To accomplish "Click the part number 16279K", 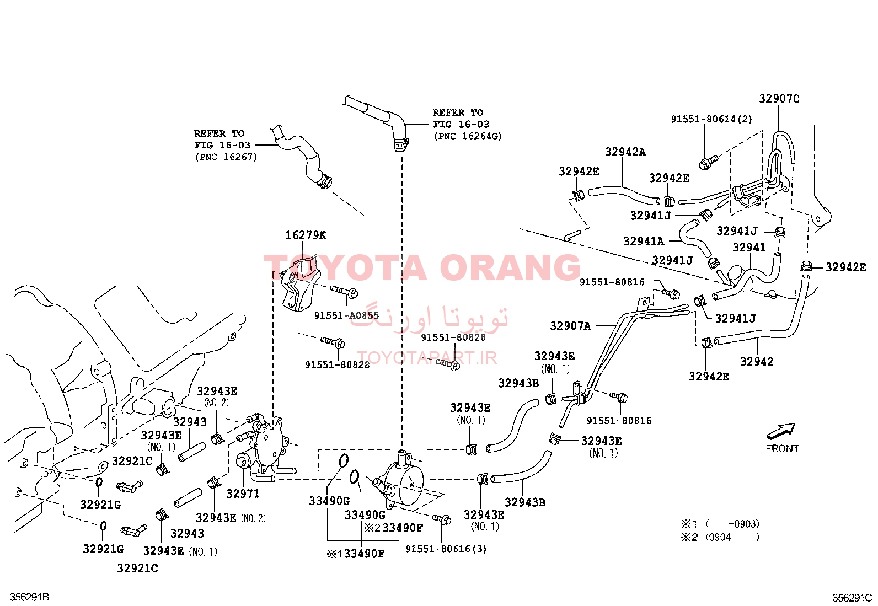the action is coord(306,235).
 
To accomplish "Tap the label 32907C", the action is coord(779,98).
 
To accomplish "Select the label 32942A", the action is coord(625,152).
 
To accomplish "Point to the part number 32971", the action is coord(243,494).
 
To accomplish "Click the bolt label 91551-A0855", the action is coord(346,315).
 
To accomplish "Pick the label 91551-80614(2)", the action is coord(711,119).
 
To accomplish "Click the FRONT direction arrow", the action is coord(780,431).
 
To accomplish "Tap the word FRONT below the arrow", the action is coord(782,448).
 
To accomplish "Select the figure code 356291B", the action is coord(29,597).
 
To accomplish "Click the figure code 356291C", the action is coord(852,598).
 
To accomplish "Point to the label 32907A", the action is coord(570,326).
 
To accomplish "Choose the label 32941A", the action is coord(644,241).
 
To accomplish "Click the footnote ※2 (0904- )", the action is coord(720,537).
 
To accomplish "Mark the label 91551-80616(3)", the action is coord(446,549).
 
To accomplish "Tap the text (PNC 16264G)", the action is coord(468,136).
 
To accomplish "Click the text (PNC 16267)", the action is coord(226,157).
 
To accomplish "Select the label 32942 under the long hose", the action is coord(757,361).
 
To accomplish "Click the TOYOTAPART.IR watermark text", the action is coord(427,357).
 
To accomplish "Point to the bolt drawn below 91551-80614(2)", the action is coord(708,162).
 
